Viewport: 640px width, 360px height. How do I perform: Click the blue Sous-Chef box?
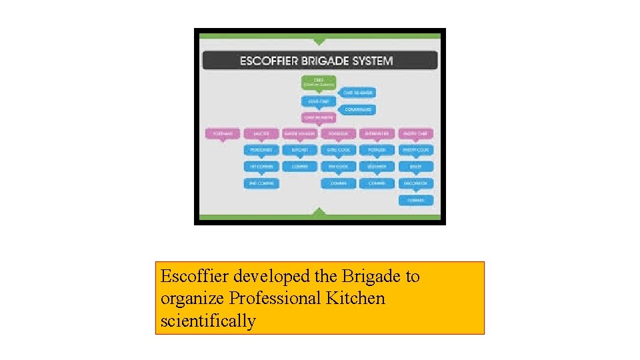point(319,101)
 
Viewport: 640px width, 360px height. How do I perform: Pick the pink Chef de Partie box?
point(319,117)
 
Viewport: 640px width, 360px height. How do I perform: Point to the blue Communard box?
point(359,109)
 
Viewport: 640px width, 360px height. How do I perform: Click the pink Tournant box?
point(221,134)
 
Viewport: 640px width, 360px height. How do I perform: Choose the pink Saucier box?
point(261,134)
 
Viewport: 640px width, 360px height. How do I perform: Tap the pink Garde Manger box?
point(300,134)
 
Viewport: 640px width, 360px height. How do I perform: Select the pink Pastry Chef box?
point(416,134)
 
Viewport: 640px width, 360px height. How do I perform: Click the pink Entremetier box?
point(377,134)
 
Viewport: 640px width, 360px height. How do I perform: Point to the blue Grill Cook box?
point(339,150)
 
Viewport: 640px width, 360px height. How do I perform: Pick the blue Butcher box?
point(300,150)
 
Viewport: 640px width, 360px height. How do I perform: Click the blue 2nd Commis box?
point(261,183)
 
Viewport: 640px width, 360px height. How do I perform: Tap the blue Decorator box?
point(416,183)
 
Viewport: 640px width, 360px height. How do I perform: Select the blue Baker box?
point(416,167)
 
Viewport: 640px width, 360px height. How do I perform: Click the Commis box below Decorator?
point(416,200)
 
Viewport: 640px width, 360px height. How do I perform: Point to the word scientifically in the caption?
point(208,321)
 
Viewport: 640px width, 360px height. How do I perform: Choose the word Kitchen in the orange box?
point(355,298)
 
